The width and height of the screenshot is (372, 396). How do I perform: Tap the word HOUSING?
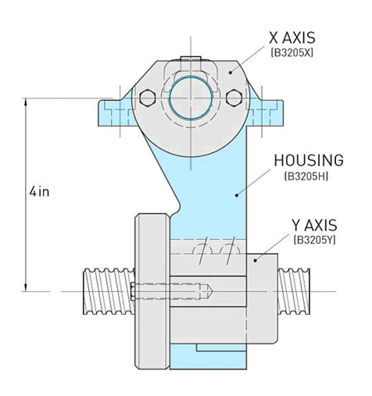coord(308,161)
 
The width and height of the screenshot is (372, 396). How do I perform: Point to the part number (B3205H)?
coord(309,177)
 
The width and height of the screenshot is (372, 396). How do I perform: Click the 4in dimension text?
coord(39,191)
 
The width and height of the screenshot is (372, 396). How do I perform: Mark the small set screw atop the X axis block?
coord(190,62)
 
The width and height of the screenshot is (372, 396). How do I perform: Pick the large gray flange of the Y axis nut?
coord(152,289)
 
